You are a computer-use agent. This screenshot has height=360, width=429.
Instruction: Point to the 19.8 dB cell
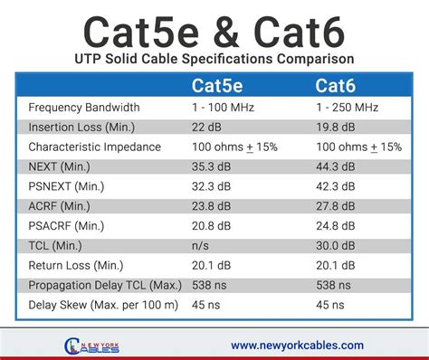[337, 127]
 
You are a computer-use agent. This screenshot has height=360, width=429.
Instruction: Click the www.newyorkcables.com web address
[297, 345]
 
